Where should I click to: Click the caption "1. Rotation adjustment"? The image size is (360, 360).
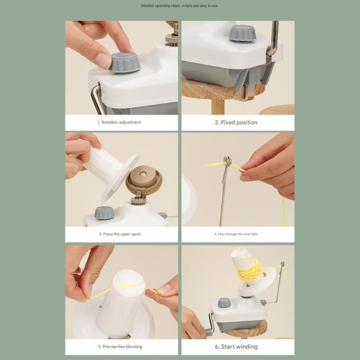pyautogui.click(x=119, y=122)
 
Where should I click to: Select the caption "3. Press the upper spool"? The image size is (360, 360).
pyautogui.click(x=120, y=234)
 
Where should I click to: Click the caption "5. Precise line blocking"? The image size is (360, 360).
pyautogui.click(x=120, y=346)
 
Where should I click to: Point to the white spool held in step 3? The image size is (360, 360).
pyautogui.click(x=108, y=166)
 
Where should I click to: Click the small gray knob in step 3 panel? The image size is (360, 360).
pyautogui.click(x=104, y=212)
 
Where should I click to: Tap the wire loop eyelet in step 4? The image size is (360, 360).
pyautogui.click(x=227, y=161)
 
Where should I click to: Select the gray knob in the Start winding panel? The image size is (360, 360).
pyautogui.click(x=224, y=303)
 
